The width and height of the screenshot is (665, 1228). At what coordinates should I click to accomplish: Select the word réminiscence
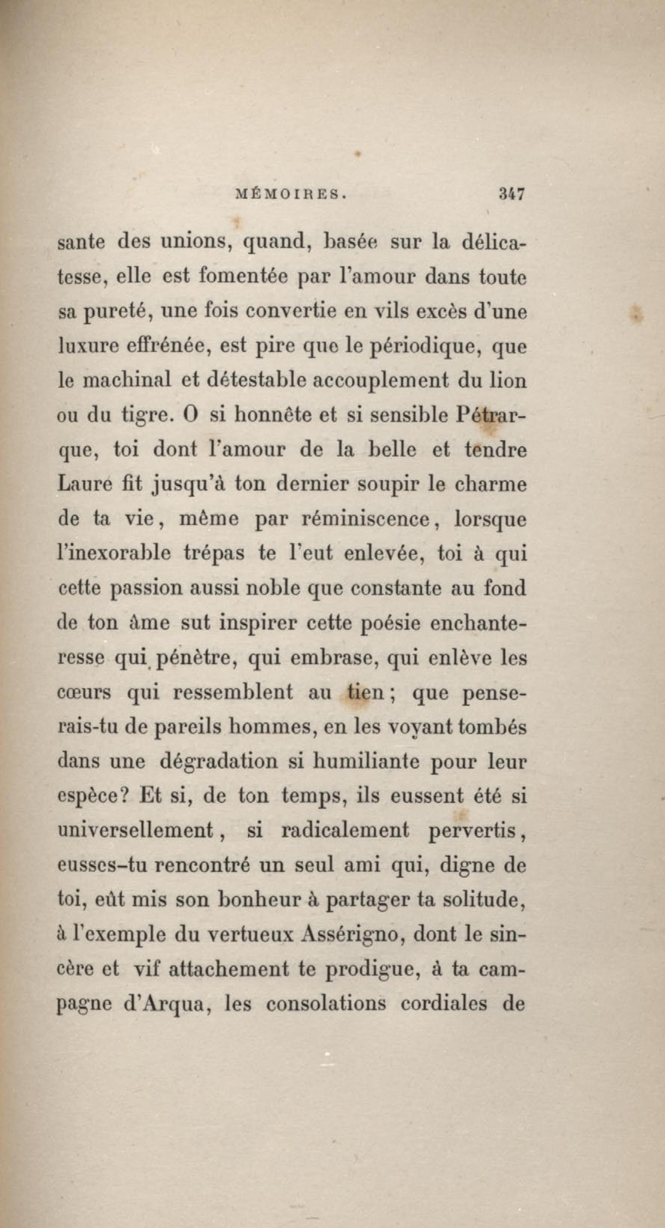click(x=366, y=519)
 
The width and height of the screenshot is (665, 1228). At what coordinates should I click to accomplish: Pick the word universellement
click(x=135, y=830)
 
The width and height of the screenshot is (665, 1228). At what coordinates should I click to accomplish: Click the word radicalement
click(x=345, y=830)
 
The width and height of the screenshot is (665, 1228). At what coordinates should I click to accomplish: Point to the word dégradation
click(x=218, y=761)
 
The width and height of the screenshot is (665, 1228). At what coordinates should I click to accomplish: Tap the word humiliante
click(x=365, y=761)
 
